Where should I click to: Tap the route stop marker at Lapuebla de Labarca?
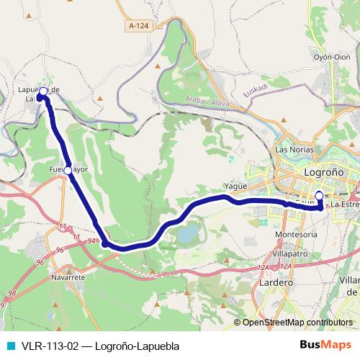[x=43, y=91]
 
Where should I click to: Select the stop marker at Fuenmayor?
[x=68, y=171]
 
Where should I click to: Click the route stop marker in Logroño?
[x=319, y=195]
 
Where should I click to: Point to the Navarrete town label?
[x=69, y=276]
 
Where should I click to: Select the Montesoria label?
[x=297, y=235]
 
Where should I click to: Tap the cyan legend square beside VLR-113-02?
[x=9, y=346]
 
